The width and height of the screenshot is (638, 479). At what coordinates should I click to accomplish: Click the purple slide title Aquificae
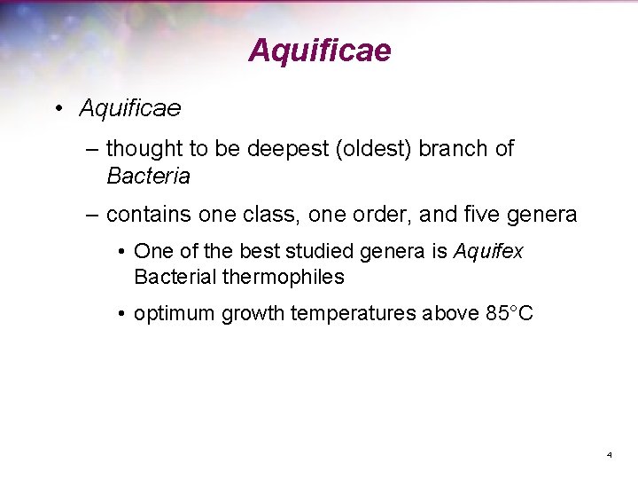point(319,51)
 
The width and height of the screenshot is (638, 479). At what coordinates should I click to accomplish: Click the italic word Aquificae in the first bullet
point(130,108)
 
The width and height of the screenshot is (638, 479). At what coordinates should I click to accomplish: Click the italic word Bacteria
point(148,177)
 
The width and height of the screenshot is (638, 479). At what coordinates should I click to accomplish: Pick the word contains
point(146,215)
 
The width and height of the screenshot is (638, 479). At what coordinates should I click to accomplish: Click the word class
point(267,215)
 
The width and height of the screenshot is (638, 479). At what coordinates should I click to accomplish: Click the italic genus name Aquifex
point(488,252)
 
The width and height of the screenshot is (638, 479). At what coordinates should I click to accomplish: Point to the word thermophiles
point(284,277)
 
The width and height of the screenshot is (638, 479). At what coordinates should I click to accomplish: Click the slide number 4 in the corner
point(609,455)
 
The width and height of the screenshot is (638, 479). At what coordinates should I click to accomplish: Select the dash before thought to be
point(92,149)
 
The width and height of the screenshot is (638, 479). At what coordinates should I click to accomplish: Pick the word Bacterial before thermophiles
point(175,277)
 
